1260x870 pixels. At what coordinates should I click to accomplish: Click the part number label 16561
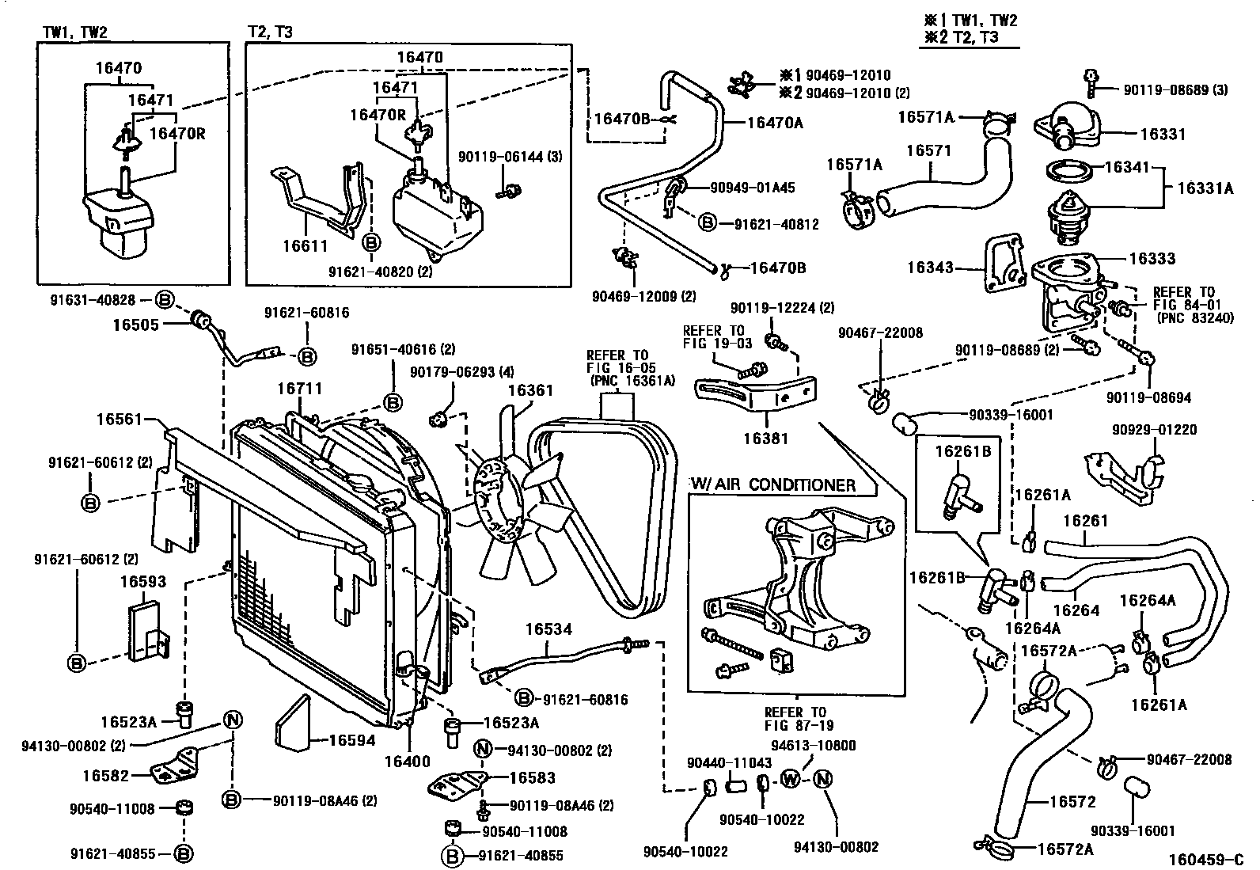[x=118, y=419]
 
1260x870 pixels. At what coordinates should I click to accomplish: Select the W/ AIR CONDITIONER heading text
[x=773, y=484]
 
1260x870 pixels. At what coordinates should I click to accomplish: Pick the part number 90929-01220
[x=1154, y=430]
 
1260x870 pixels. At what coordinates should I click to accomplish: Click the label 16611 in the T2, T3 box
[x=305, y=246]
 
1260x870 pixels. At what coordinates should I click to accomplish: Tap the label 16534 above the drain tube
[x=548, y=629]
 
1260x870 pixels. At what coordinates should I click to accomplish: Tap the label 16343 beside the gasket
[x=929, y=268]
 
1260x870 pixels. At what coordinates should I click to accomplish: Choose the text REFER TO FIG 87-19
[x=795, y=718]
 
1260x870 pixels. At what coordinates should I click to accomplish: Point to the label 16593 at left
[x=143, y=582]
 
